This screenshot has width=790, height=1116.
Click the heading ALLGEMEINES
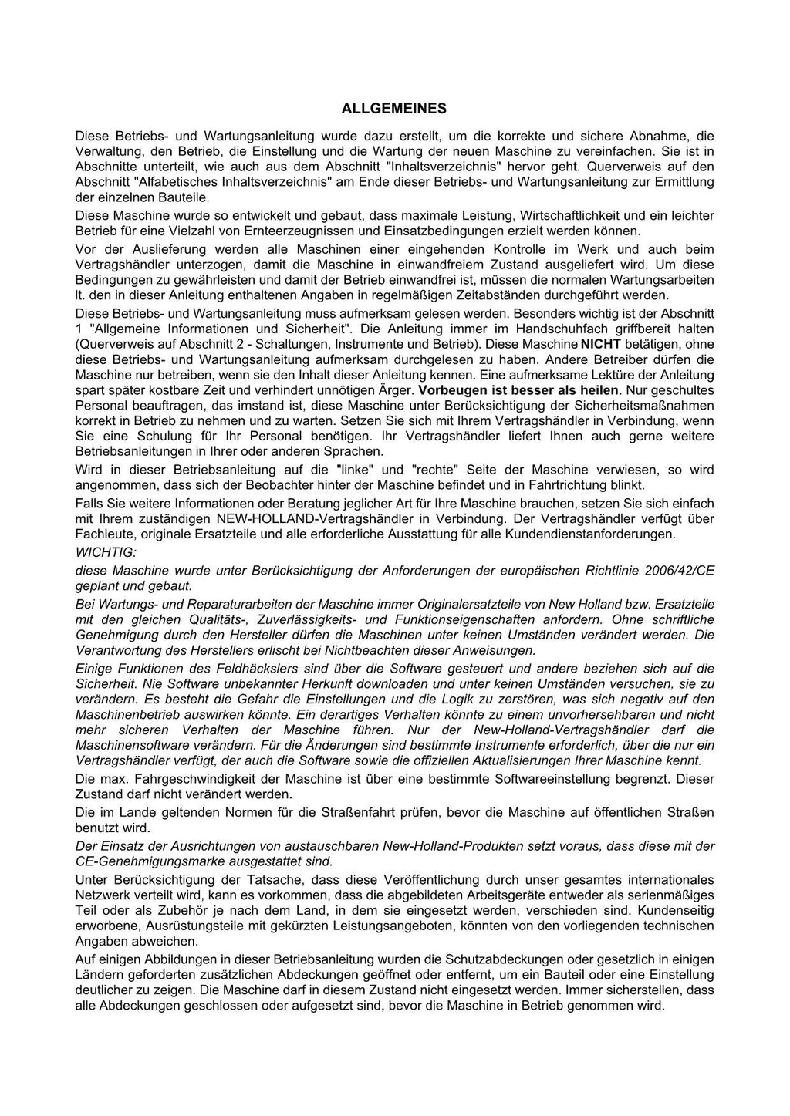[394, 109]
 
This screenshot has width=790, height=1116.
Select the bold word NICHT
[601, 344]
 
